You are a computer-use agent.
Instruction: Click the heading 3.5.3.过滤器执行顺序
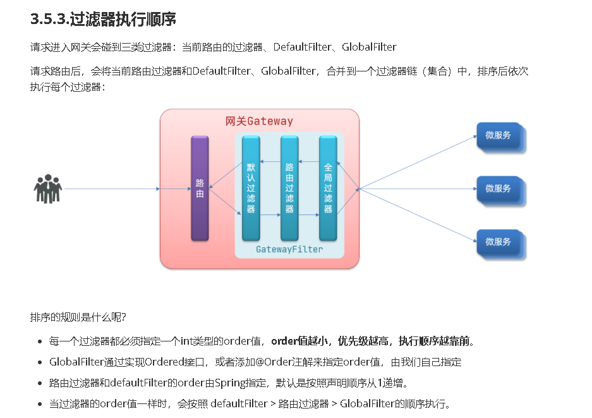pyautogui.click(x=103, y=19)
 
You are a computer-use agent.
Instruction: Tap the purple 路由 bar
pyautogui.click(x=200, y=188)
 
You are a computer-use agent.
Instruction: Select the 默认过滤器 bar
pyautogui.click(x=251, y=188)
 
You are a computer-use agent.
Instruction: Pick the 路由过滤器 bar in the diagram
pyautogui.click(x=289, y=188)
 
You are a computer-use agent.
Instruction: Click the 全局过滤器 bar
pyautogui.click(x=328, y=188)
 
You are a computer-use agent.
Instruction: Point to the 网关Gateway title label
pyautogui.click(x=259, y=121)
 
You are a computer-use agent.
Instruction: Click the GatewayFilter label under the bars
pyautogui.click(x=289, y=249)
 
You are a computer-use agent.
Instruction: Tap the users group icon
pyautogui.click(x=47, y=189)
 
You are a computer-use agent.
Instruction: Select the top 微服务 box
pyautogui.click(x=498, y=135)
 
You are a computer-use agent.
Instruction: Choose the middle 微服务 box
pyautogui.click(x=498, y=188)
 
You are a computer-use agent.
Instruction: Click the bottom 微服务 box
pyautogui.click(x=498, y=242)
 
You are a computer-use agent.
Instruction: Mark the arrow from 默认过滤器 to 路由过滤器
pyautogui.click(x=270, y=215)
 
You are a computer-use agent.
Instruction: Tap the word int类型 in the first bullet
pyautogui.click(x=195, y=341)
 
